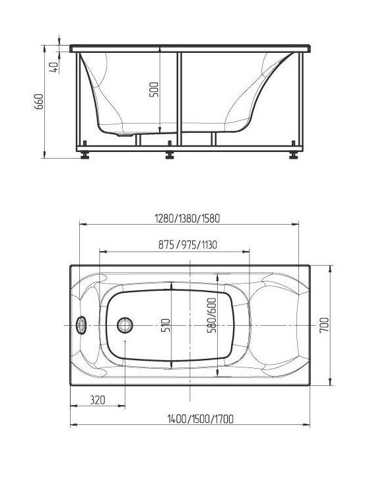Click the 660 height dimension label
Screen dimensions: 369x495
click(x=39, y=101)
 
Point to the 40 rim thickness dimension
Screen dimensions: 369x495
click(x=54, y=67)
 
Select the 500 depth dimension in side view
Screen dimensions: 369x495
click(x=154, y=89)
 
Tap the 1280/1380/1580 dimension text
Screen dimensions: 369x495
click(x=187, y=219)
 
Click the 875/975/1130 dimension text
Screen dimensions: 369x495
click(x=187, y=245)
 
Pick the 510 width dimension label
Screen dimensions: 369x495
click(x=166, y=325)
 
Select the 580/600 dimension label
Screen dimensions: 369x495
click(x=212, y=315)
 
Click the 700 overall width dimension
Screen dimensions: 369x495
click(x=324, y=325)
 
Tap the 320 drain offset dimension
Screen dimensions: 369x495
click(x=98, y=400)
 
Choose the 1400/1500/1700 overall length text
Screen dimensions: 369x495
click(x=201, y=419)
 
